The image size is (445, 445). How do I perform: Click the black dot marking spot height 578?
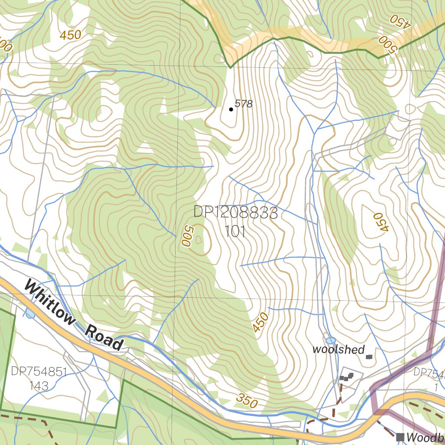tap(231, 110)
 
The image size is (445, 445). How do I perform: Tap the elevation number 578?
tap(243, 103)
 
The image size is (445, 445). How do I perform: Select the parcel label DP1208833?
tap(236, 213)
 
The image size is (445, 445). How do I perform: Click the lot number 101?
tap(236, 231)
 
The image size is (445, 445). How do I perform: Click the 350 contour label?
tap(247, 401)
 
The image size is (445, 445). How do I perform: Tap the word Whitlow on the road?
tap(50, 303)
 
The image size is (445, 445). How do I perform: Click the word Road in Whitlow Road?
tap(104, 337)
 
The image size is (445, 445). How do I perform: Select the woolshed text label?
tap(338, 349)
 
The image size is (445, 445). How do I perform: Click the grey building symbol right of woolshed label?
tap(369, 357)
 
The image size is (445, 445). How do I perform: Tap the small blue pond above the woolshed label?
tap(331, 340)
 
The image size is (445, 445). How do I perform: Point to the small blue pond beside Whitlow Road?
tap(30, 313)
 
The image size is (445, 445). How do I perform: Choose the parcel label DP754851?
tap(39, 372)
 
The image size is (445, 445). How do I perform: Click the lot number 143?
tap(39, 385)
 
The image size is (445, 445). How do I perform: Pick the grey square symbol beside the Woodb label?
tap(400, 436)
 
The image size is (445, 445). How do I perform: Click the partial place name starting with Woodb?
tap(425, 437)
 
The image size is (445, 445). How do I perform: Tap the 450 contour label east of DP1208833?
tap(380, 222)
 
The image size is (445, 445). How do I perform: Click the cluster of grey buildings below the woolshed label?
tap(346, 376)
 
